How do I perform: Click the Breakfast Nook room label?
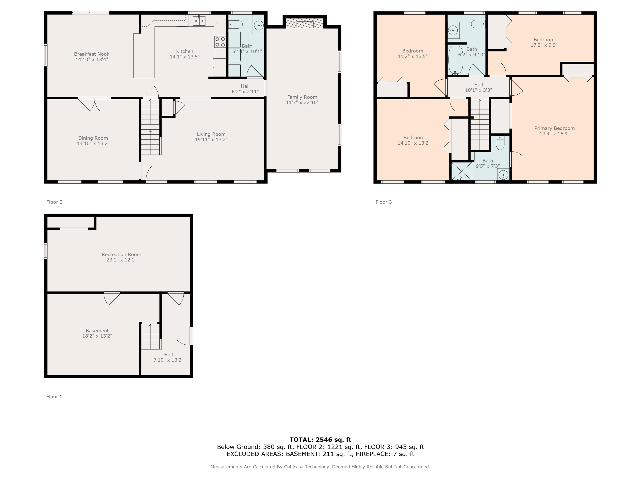[x=92, y=54]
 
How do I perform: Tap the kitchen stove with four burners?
[x=220, y=42]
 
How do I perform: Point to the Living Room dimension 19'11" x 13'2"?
[x=211, y=139]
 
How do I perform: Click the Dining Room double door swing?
[x=95, y=104]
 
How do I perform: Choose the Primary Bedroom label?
[x=554, y=128]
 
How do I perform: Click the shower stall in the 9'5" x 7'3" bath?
[x=462, y=172]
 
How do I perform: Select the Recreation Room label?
[x=121, y=255]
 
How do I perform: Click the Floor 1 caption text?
[x=54, y=397]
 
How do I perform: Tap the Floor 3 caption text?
[x=384, y=202]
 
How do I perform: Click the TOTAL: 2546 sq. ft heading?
[x=320, y=440]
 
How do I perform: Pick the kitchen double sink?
[x=199, y=21]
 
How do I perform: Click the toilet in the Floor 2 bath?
[x=235, y=25]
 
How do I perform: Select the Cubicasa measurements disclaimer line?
[x=320, y=467]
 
